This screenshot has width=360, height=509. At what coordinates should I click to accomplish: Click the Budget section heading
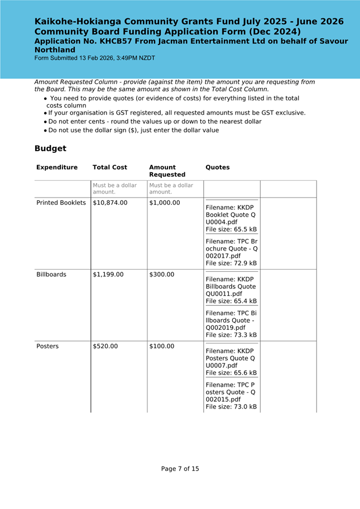[x=50, y=148]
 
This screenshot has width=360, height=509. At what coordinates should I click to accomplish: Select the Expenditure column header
[x=57, y=167]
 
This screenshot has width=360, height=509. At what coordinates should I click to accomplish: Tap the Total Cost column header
[x=110, y=167]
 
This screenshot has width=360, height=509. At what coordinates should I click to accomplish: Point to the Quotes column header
[x=218, y=167]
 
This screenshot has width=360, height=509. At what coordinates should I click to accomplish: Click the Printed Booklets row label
[x=61, y=203]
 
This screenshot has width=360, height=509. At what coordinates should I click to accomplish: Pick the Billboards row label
[x=51, y=275]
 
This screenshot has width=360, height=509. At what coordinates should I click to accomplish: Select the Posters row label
[x=47, y=346]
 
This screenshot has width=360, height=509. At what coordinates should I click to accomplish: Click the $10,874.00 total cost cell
[x=111, y=203]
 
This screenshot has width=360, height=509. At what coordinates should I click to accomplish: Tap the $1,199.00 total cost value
[x=108, y=275]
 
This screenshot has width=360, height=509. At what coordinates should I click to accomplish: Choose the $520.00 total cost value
[x=105, y=346]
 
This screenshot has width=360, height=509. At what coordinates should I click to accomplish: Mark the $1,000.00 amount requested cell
[x=165, y=203]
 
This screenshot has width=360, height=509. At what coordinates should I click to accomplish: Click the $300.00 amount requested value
[x=162, y=275]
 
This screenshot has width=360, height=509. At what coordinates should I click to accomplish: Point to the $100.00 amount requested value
[x=162, y=346]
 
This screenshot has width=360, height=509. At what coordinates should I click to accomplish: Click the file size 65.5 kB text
[x=231, y=229]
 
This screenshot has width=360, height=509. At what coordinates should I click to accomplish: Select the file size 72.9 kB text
[x=231, y=263]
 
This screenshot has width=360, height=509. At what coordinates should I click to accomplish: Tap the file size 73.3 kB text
[x=231, y=335]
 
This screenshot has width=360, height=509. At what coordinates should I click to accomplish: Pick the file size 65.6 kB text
[x=231, y=373]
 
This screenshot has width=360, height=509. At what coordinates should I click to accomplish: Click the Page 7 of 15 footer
[x=180, y=469]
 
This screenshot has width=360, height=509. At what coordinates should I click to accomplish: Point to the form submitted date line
[x=95, y=58]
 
